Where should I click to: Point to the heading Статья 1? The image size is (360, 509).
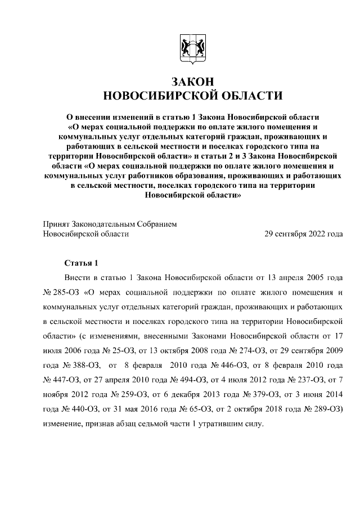82,263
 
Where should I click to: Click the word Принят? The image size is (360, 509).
56,223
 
